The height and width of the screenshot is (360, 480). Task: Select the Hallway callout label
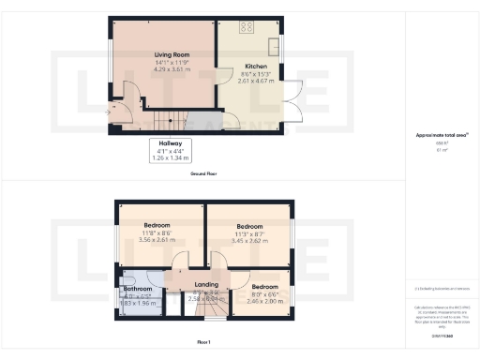[x=170, y=143]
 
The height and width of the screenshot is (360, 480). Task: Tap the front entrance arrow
[x=116, y=107]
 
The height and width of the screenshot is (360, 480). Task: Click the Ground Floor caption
[x=204, y=174]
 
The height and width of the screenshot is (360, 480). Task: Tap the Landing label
[x=205, y=284]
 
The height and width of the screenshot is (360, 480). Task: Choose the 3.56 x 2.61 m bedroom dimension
[x=157, y=239]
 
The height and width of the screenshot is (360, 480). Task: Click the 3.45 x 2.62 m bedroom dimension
[x=249, y=241]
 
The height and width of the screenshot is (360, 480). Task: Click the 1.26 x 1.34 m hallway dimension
[x=170, y=157]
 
